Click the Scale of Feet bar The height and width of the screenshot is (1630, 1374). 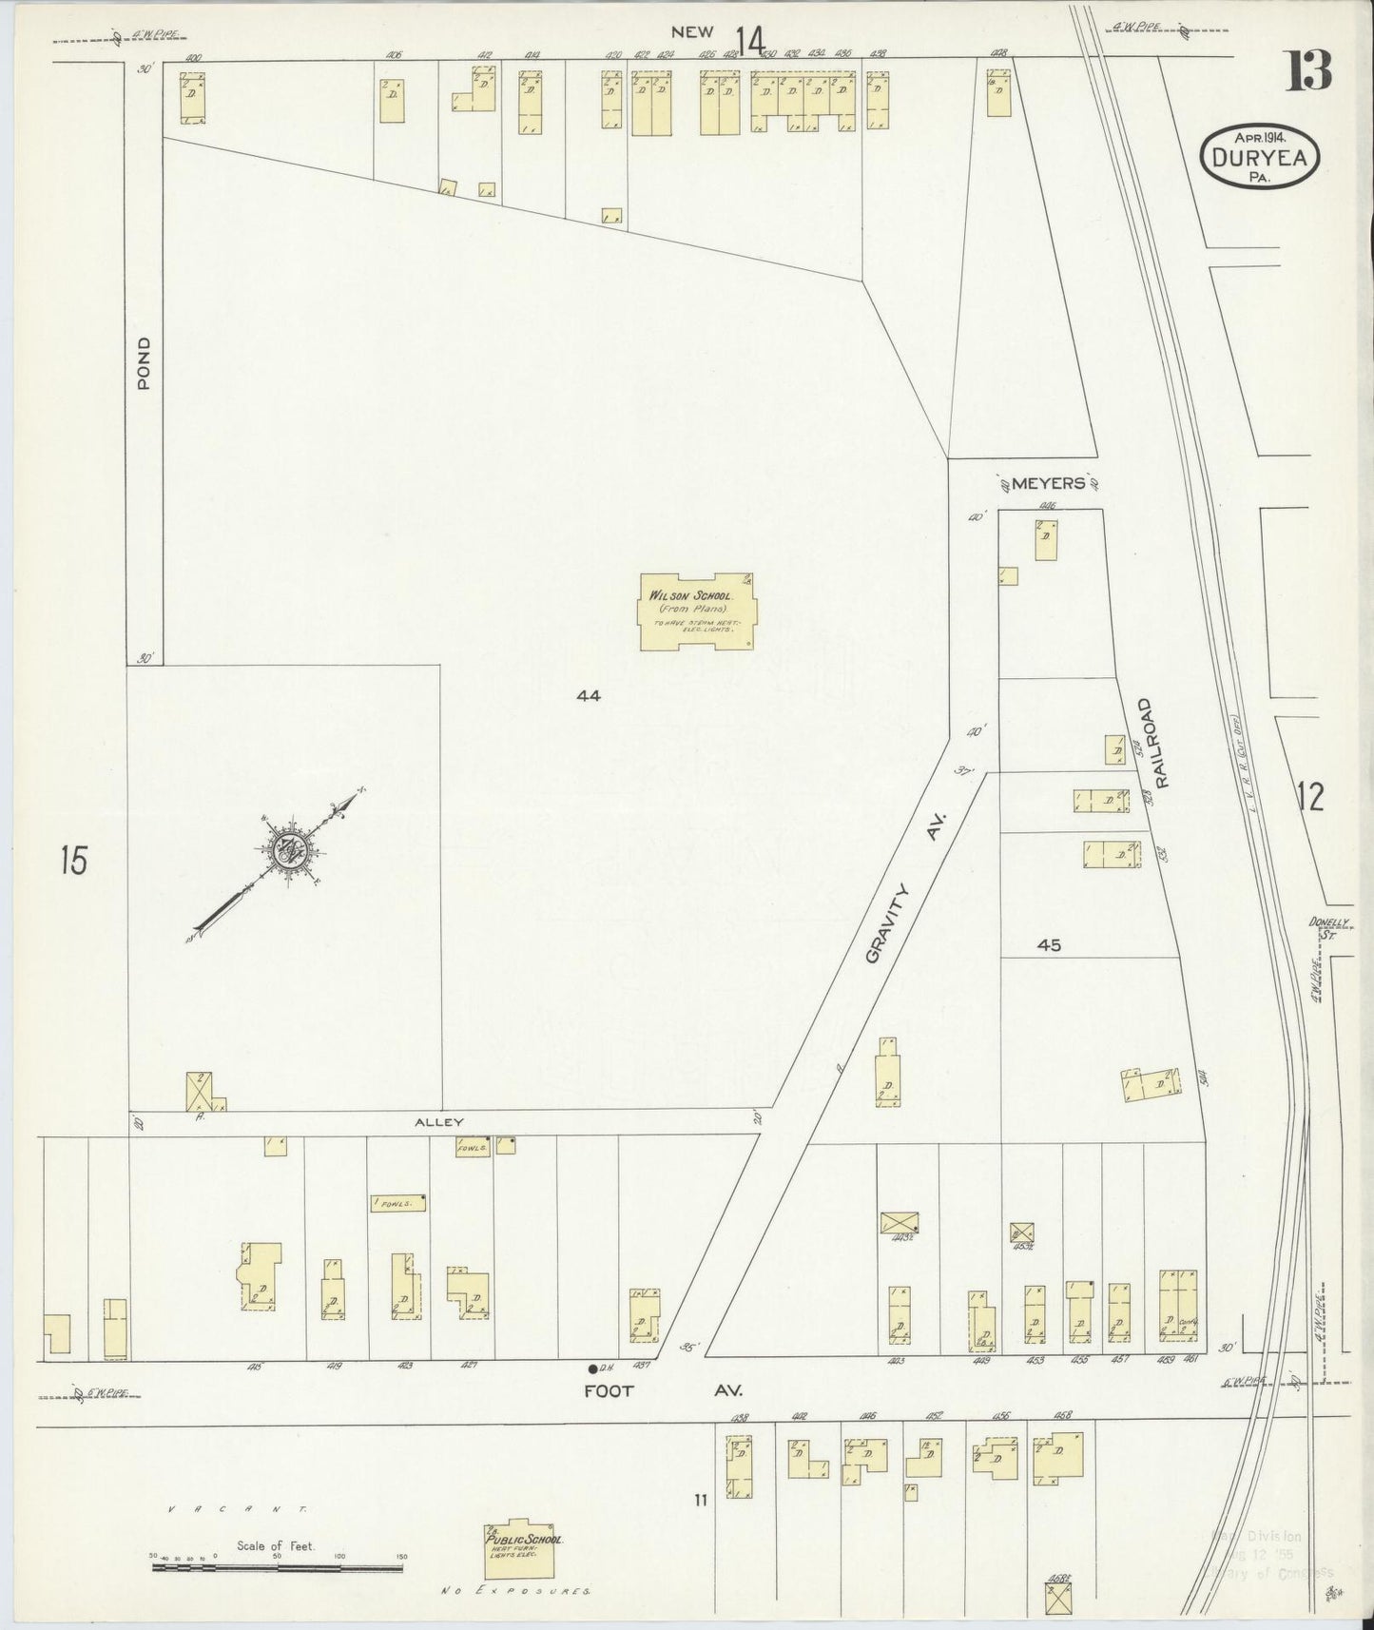click(x=277, y=1564)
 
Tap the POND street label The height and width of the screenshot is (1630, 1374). click(x=145, y=363)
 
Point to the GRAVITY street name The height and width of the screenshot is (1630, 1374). click(x=888, y=922)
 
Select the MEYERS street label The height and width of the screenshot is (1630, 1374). click(x=1048, y=483)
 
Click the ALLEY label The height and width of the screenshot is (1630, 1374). click(x=437, y=1122)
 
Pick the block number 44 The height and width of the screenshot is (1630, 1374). click(x=588, y=695)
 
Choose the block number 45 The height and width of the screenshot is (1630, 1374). click(x=1049, y=945)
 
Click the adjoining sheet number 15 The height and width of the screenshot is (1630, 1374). click(x=72, y=861)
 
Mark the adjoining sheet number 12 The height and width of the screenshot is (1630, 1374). click(x=1309, y=797)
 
